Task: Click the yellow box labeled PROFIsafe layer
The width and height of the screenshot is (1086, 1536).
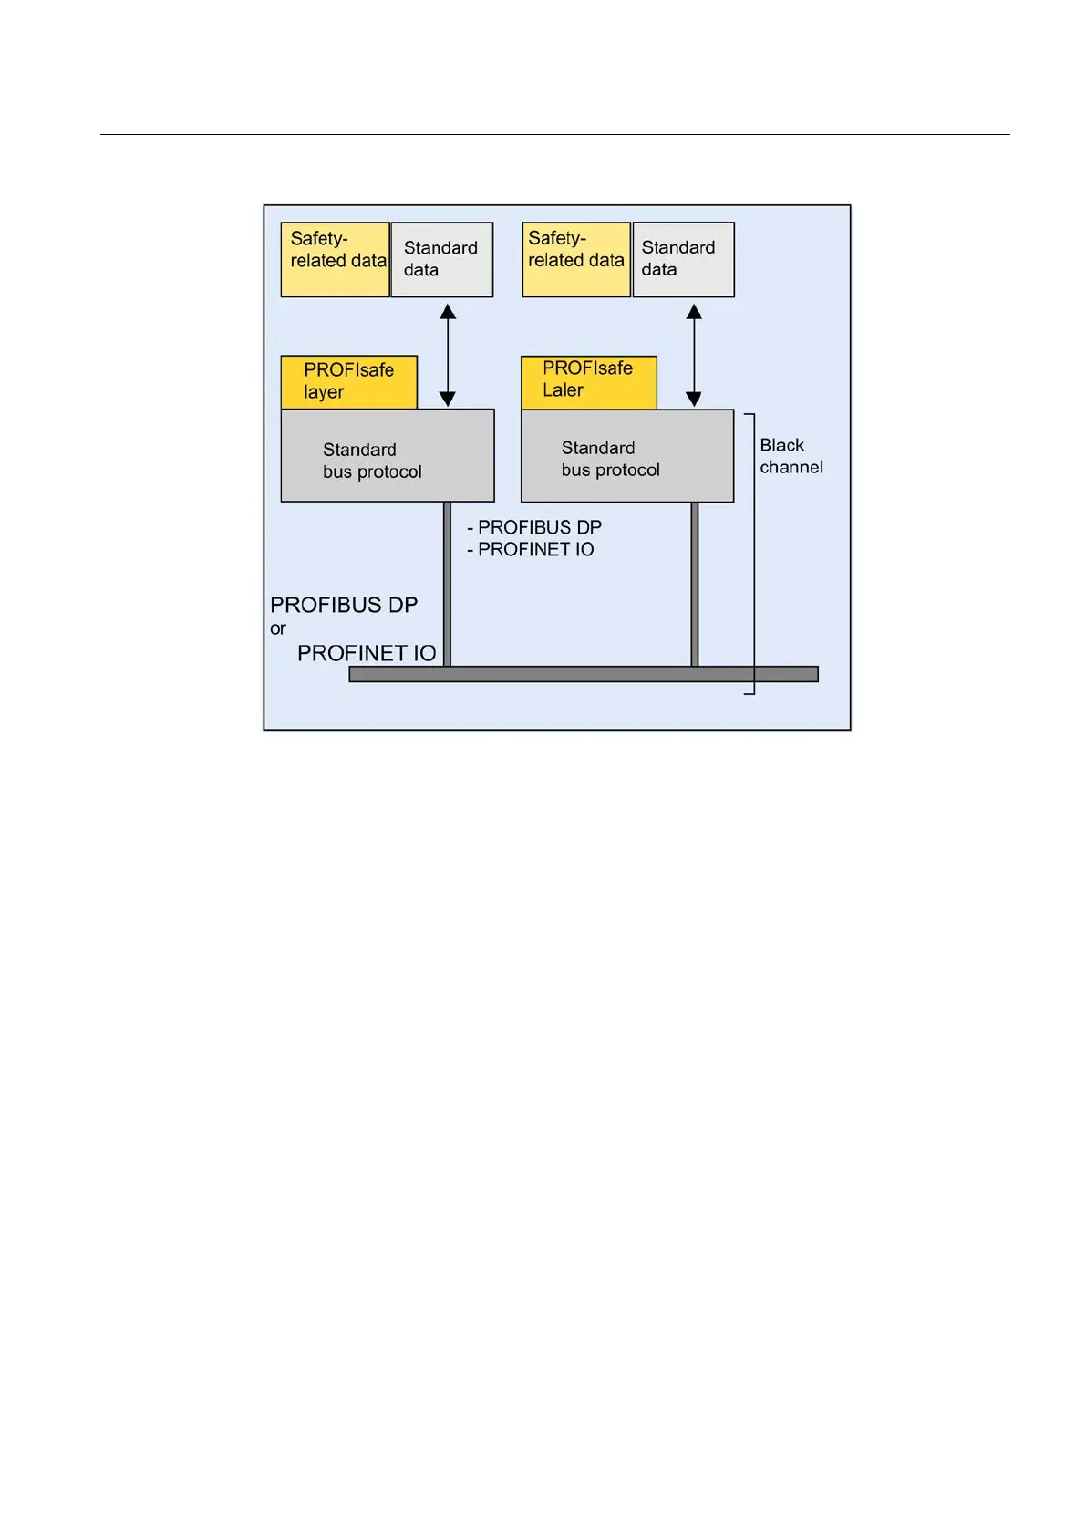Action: coord(349,381)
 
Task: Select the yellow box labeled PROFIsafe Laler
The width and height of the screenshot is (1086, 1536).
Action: coord(589,381)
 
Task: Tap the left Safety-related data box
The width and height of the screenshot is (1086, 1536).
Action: coord(335,260)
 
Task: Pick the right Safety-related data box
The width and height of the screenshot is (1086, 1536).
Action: coord(576,260)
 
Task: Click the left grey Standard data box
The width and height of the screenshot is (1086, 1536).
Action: coord(442,260)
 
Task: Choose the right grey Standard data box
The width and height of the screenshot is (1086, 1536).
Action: coord(683,260)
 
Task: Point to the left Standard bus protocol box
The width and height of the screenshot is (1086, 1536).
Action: coord(388,456)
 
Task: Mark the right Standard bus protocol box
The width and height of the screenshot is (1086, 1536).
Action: coord(627,456)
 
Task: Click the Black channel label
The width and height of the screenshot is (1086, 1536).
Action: coord(791,456)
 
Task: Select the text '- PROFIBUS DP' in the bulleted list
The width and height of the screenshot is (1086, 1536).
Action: coord(534,527)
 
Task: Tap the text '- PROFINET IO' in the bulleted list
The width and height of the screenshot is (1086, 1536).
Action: coord(531,549)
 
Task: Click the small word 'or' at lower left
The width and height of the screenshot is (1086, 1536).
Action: coord(278,628)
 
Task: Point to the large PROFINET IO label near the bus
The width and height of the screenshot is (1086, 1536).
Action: coord(367,653)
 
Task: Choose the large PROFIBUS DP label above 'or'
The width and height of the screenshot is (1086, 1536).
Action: coord(344,605)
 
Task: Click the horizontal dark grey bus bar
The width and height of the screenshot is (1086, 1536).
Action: coord(584,674)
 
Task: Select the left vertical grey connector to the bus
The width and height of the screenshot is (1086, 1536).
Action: coord(448,584)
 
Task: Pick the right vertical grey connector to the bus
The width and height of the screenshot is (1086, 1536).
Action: coord(695,584)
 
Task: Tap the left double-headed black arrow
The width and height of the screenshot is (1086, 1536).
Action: coord(448,355)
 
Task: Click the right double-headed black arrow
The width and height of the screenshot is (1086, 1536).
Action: coord(694,355)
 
